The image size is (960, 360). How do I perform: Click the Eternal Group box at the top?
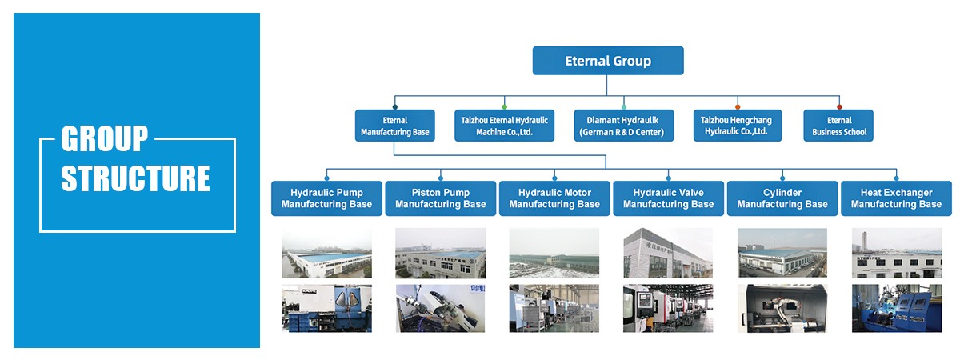coord(608,61)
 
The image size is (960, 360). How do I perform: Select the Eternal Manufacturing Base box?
coord(395,126)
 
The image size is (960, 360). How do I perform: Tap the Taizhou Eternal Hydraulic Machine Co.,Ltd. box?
coord(504,126)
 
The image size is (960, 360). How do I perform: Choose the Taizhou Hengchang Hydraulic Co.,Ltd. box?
coord(737,126)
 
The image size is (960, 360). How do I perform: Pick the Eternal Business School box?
coord(838,126)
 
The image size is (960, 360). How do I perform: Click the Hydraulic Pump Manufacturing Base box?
coord(326,198)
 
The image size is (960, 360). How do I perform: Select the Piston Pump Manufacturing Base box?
coord(440,198)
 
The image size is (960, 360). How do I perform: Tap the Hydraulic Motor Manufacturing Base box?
coord(554,198)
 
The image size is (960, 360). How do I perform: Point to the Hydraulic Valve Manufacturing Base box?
coord(668,198)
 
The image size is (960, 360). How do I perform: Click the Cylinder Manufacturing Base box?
coord(782,198)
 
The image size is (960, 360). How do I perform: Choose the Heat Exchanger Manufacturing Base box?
coord(896,198)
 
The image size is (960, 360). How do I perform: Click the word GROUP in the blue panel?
coord(104,139)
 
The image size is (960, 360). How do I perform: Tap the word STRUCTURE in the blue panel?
coord(135,178)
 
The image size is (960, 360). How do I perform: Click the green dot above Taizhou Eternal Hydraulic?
coord(504,106)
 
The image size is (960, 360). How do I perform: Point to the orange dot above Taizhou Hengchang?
coord(737,106)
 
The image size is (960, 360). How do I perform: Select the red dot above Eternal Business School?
coord(838,106)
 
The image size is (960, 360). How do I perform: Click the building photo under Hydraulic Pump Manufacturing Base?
coord(326,254)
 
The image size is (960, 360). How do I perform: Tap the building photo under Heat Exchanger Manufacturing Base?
coord(896,254)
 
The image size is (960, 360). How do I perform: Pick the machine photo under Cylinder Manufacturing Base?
coord(782,308)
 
